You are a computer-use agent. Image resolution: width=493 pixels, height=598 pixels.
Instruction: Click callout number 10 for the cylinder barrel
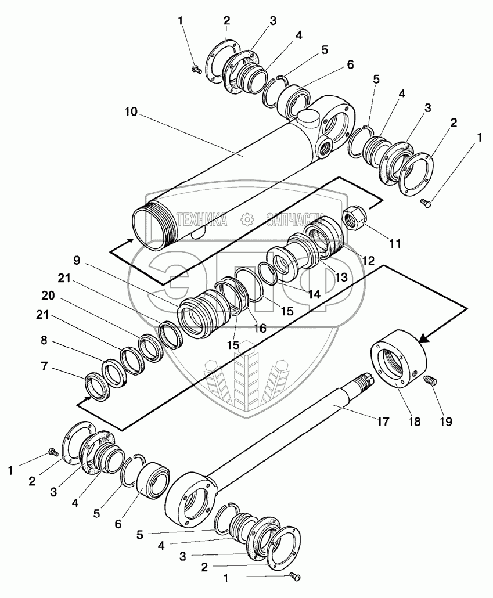(x=131, y=111)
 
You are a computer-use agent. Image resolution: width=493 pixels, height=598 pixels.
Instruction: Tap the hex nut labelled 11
(x=353, y=219)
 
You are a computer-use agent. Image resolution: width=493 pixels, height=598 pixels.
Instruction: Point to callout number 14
(x=314, y=294)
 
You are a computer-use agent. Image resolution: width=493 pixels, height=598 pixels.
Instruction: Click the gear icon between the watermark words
(x=247, y=219)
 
